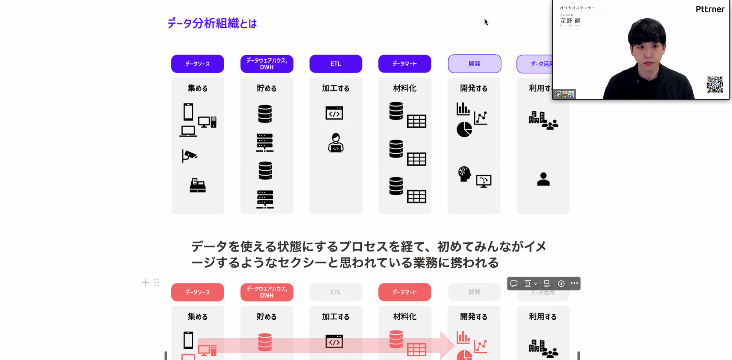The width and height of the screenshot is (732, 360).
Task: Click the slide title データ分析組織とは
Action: click(212, 23)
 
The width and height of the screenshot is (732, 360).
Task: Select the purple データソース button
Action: click(197, 64)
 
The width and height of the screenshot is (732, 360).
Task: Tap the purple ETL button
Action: click(335, 64)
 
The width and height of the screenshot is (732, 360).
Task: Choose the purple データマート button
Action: click(405, 64)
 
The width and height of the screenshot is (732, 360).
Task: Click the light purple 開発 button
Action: click(474, 64)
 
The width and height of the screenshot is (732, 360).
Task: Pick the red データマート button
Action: click(405, 292)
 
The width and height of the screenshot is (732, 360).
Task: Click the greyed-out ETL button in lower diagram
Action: click(335, 292)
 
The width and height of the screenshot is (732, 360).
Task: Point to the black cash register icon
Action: click(198, 185)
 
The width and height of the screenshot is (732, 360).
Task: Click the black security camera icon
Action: click(189, 155)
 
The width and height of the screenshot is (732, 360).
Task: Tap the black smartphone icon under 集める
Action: click(188, 112)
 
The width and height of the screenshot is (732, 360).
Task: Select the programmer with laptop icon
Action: click(335, 143)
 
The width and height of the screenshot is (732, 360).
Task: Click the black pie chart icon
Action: click(464, 130)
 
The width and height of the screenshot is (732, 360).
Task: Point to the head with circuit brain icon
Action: click(464, 174)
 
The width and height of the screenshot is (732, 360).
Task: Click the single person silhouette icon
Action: click(543, 179)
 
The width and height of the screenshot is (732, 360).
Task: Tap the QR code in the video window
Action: click(715, 84)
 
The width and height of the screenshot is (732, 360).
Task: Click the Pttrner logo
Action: click(710, 9)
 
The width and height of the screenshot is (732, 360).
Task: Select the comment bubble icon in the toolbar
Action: click(514, 283)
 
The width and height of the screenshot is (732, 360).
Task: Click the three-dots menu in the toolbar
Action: click(574, 283)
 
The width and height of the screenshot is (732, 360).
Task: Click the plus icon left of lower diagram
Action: click(145, 283)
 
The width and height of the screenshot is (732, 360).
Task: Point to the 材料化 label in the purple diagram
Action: click(405, 88)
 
